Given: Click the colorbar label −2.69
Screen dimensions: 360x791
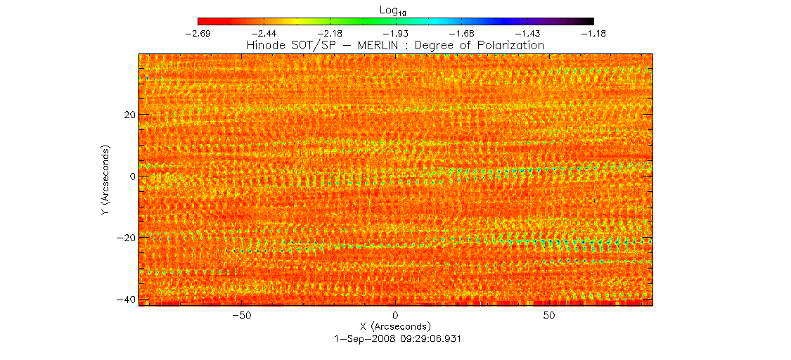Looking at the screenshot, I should pyautogui.click(x=198, y=33).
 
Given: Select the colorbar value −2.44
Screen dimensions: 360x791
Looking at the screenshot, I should pyautogui.click(x=264, y=33).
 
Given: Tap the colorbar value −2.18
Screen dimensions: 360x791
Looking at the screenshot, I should pyautogui.click(x=330, y=33).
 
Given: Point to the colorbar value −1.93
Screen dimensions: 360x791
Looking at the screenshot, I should pyautogui.click(x=396, y=33).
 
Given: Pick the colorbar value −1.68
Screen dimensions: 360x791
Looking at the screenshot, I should pyautogui.click(x=462, y=33).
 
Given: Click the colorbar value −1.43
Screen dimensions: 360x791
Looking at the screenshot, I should pyautogui.click(x=528, y=33).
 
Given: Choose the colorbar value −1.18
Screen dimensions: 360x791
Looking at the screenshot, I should pyautogui.click(x=593, y=33).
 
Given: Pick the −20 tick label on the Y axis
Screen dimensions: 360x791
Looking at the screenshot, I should pyautogui.click(x=122, y=238).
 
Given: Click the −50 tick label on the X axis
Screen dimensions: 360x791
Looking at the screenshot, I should pyautogui.click(x=242, y=316).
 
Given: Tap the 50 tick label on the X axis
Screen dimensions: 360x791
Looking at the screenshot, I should pyautogui.click(x=550, y=316).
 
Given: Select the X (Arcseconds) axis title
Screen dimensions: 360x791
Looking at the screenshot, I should pyautogui.click(x=395, y=326).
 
